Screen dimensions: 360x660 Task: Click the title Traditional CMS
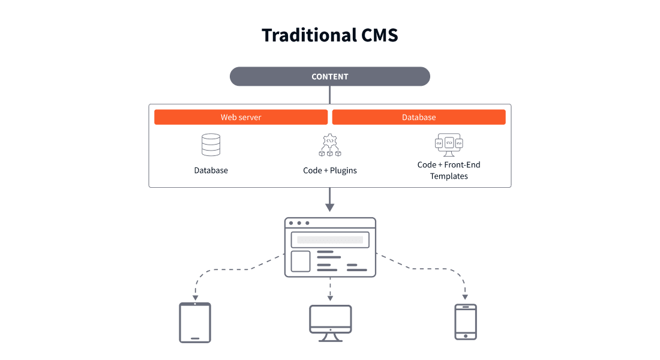[x=329, y=35]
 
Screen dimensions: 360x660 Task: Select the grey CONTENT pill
[x=330, y=76]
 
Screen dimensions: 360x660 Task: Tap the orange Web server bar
[x=241, y=117]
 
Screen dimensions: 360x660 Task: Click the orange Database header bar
[x=419, y=117]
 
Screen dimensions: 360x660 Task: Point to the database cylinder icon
[x=211, y=145]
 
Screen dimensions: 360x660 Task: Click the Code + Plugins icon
[x=330, y=145]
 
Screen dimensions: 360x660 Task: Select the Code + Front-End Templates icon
[x=449, y=144]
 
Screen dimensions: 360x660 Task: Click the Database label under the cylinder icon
[x=211, y=170]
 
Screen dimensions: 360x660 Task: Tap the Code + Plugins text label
[x=330, y=170]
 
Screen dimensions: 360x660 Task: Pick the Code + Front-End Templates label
[x=449, y=170]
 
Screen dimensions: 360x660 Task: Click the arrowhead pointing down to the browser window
[x=329, y=207]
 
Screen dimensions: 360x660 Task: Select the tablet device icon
[x=195, y=323]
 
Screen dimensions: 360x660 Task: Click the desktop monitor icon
[x=330, y=323]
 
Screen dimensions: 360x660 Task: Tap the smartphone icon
[x=466, y=322]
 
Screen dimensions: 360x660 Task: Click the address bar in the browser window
[x=330, y=239]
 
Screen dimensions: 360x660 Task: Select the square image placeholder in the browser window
[x=301, y=262]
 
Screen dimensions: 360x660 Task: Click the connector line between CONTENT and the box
[x=329, y=95]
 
